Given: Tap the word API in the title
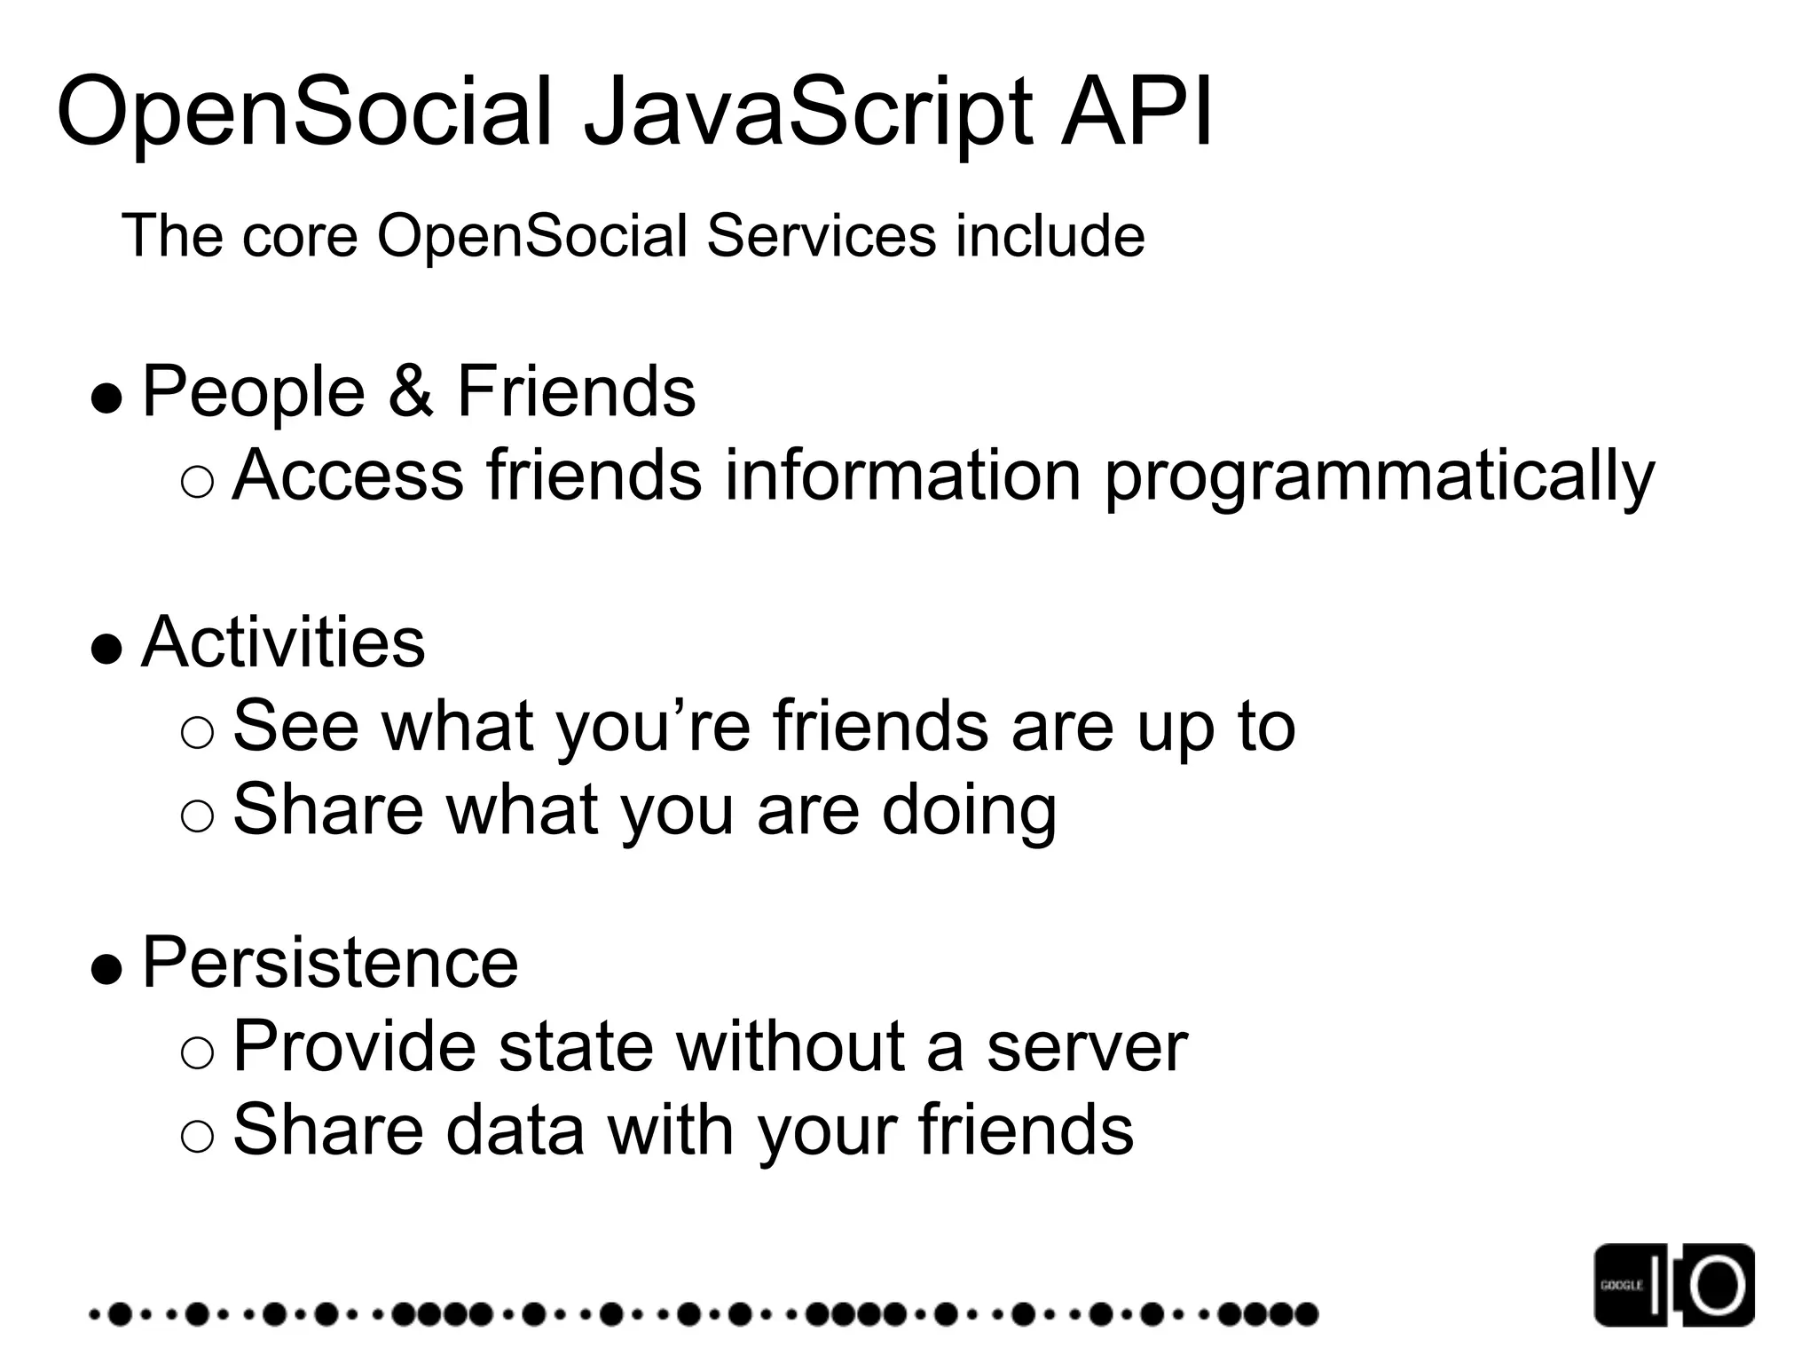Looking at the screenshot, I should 1137,114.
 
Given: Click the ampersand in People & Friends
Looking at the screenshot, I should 411,391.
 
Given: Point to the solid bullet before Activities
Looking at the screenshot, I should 106,649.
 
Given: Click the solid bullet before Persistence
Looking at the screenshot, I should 106,969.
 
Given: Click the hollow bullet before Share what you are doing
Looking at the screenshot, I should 196,815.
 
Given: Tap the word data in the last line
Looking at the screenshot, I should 515,1130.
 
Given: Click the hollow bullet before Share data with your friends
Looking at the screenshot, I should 196,1137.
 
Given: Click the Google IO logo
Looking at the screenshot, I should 1673,1284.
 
